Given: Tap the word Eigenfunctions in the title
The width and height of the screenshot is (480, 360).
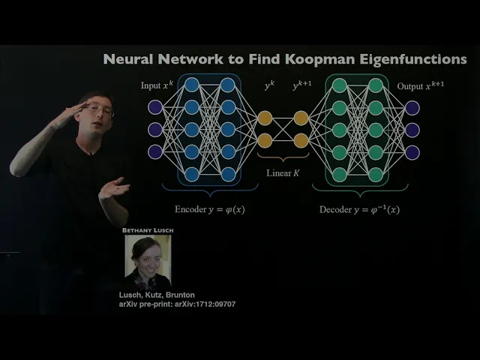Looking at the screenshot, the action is (x=415, y=58).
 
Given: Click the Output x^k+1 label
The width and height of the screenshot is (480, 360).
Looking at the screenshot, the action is (x=421, y=85).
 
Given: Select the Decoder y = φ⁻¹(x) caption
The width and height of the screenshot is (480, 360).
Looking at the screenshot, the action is (x=359, y=209).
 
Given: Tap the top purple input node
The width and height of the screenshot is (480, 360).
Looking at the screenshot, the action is (x=155, y=108).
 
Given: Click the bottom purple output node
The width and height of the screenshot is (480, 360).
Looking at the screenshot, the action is (x=412, y=152).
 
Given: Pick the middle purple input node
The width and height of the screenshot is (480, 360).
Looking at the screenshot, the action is (x=155, y=130).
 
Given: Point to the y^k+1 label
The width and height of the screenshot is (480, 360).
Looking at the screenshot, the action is (x=302, y=87).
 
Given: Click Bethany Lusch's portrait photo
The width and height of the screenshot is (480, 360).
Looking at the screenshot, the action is (x=147, y=260).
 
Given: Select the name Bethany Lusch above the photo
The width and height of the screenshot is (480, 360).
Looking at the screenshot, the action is (x=147, y=230).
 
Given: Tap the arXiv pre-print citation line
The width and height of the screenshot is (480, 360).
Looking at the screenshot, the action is (x=177, y=304).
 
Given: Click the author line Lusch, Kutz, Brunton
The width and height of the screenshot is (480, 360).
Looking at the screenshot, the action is (x=157, y=295).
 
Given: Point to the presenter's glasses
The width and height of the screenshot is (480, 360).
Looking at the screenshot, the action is (x=98, y=111).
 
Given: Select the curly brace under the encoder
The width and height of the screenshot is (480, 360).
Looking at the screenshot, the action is (x=209, y=192).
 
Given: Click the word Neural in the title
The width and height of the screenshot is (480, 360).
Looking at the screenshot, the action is (x=126, y=58).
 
